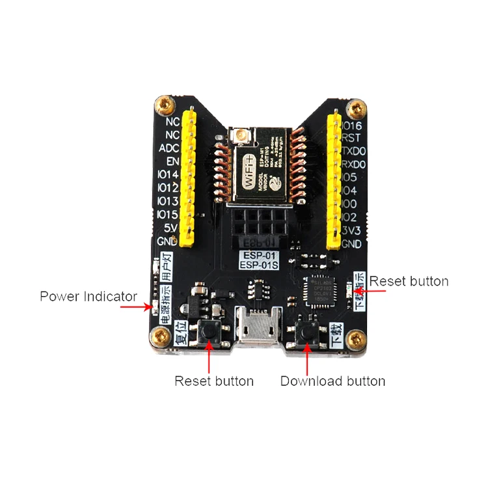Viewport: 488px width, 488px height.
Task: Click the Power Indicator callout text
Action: (x=88, y=297)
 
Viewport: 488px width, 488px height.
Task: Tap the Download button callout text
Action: (x=332, y=381)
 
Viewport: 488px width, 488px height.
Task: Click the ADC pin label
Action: (x=169, y=148)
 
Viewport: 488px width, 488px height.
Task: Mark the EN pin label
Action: (x=172, y=161)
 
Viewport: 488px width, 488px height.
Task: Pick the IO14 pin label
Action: (x=168, y=174)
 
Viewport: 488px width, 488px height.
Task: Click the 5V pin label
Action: (x=172, y=227)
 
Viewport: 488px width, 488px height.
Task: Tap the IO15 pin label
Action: (x=168, y=214)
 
